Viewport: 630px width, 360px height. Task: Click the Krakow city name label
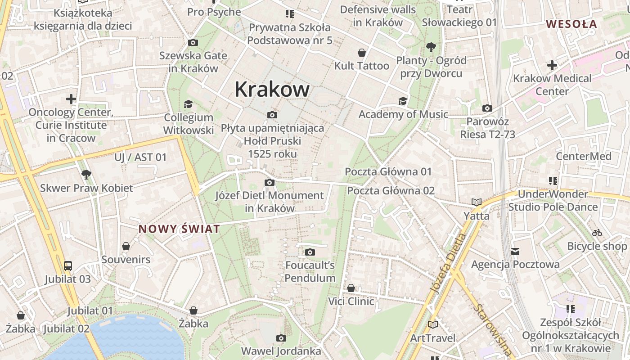click(x=272, y=89)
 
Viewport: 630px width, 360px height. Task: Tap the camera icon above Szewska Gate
click(x=193, y=43)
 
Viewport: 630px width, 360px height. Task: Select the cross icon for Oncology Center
click(x=71, y=99)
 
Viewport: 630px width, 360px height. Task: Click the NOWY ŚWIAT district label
click(x=179, y=229)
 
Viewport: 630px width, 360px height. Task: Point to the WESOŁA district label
click(x=571, y=24)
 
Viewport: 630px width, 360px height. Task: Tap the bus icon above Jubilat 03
click(x=68, y=266)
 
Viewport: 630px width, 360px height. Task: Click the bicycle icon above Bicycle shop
click(x=597, y=233)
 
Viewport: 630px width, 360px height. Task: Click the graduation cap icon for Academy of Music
click(x=403, y=101)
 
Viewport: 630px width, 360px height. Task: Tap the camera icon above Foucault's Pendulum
click(x=310, y=252)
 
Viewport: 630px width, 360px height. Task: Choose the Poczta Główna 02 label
click(x=391, y=190)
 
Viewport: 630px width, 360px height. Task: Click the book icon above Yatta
click(x=476, y=202)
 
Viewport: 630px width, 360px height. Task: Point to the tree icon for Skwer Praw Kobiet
click(x=86, y=175)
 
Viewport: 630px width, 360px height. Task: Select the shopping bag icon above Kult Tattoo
click(x=361, y=53)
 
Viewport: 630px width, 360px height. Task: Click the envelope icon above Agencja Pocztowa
click(x=515, y=252)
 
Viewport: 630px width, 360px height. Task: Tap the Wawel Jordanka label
click(x=281, y=351)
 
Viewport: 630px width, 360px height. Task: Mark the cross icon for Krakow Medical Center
click(x=552, y=66)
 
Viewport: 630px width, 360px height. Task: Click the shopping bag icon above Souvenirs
click(x=126, y=247)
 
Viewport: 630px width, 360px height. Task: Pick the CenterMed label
click(x=583, y=156)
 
